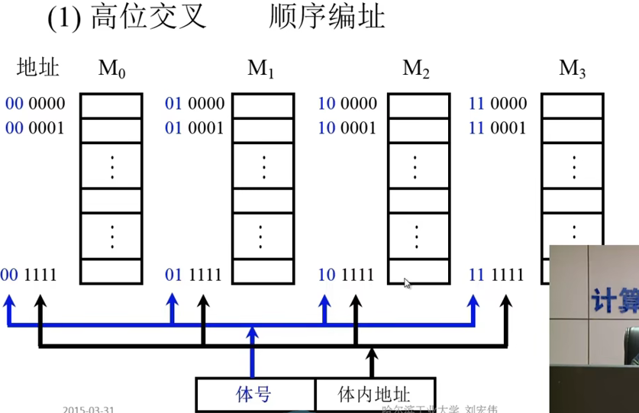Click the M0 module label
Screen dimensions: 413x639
click(x=111, y=69)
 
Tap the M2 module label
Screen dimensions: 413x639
click(x=416, y=69)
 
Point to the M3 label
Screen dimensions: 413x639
click(x=572, y=69)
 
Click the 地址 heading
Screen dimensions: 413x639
click(x=38, y=68)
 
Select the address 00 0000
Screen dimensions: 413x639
click(x=35, y=104)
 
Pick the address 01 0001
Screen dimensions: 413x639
click(x=195, y=127)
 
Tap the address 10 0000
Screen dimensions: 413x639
click(x=347, y=104)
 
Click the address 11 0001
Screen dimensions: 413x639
click(x=497, y=127)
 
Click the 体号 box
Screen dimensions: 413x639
click(x=254, y=394)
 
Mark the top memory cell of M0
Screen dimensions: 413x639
click(x=111, y=105)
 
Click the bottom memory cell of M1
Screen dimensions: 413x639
click(x=263, y=273)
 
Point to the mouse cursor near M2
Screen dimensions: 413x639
click(x=407, y=283)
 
